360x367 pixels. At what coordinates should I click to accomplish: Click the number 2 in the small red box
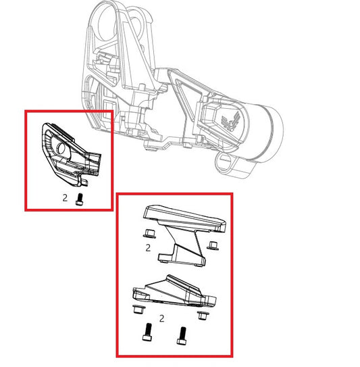pos(65,199)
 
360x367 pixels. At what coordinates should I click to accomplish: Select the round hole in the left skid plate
pos(62,148)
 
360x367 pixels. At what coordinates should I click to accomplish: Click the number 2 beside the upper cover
pos(147,247)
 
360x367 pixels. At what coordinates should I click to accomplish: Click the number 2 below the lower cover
pos(160,316)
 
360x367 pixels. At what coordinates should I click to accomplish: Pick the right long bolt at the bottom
pos(180,334)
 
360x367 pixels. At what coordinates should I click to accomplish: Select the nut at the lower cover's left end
pos(138,311)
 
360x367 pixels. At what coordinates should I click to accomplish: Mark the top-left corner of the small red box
pos(26,111)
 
